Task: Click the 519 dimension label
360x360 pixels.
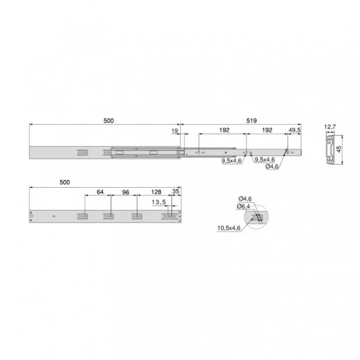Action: (x=252, y=121)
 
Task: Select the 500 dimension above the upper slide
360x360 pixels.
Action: (x=108, y=121)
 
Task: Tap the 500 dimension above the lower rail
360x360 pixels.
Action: (x=65, y=182)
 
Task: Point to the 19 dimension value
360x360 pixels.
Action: (x=175, y=131)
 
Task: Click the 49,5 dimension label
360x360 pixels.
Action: (x=294, y=130)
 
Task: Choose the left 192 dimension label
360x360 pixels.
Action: (x=224, y=130)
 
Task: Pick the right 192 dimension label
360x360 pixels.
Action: (x=267, y=130)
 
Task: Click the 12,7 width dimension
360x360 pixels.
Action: (x=330, y=127)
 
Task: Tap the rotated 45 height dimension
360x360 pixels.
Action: (x=339, y=149)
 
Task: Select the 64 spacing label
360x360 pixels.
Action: (x=100, y=192)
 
